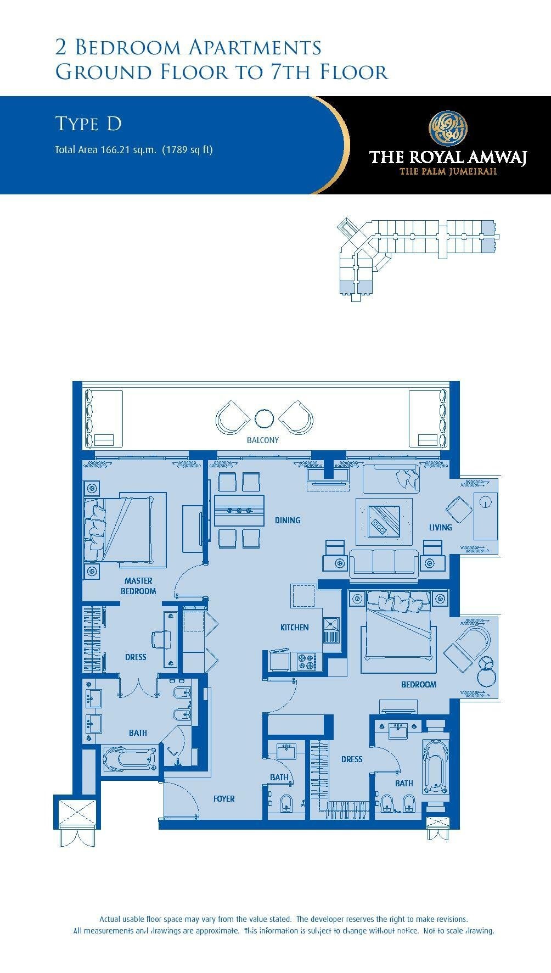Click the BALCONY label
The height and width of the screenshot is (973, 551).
click(263, 440)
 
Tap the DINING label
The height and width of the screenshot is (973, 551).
click(288, 520)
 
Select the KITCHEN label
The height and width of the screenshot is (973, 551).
click(295, 627)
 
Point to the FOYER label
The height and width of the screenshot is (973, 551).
click(224, 799)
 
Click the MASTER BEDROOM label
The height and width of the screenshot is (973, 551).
click(138, 586)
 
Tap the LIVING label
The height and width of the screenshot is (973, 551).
click(441, 527)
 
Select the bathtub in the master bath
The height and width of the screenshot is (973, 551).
click(128, 759)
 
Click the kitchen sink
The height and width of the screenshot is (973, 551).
click(331, 630)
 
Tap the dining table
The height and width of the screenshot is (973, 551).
click(239, 511)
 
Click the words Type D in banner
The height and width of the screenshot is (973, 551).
click(88, 124)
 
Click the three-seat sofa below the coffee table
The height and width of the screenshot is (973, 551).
click(384, 562)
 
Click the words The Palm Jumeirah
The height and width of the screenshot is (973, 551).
click(448, 171)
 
